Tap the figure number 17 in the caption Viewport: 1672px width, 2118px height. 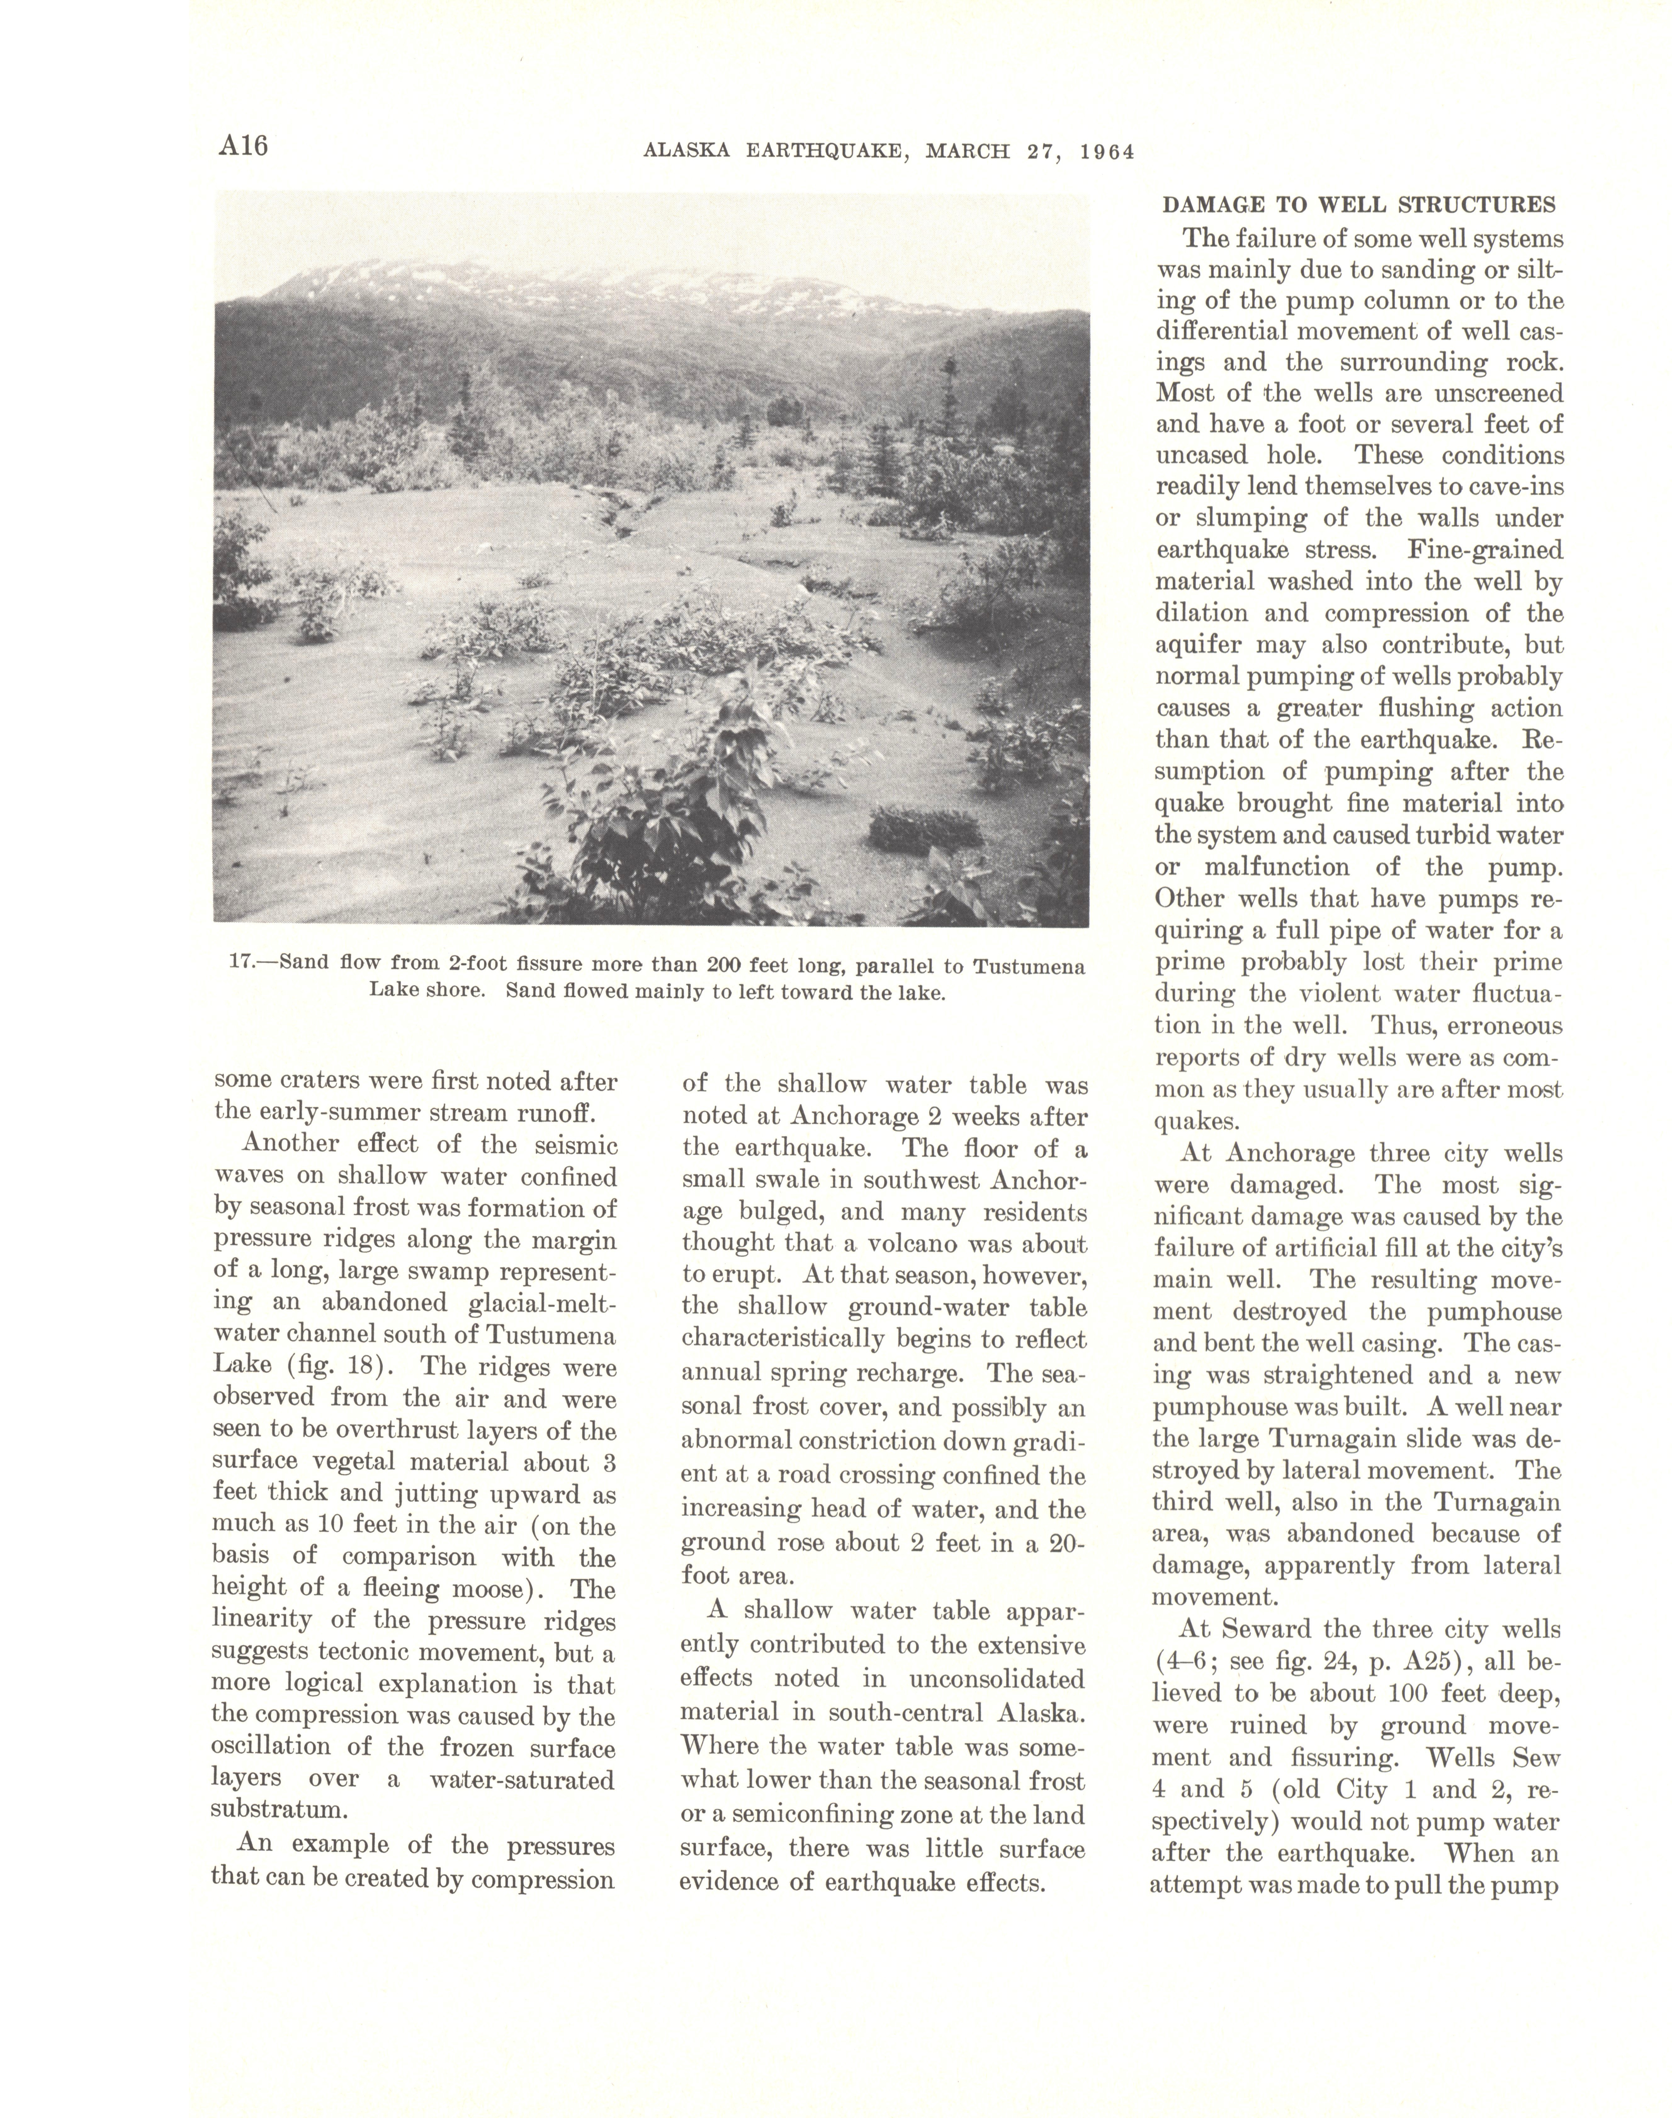[240, 962]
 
